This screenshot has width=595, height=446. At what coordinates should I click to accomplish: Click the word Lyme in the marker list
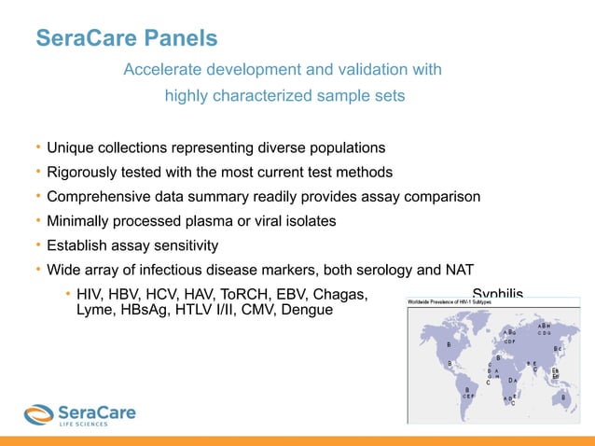point(93,310)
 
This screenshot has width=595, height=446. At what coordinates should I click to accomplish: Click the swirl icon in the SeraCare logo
point(38,413)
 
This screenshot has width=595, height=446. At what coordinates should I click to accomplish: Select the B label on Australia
point(562,397)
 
